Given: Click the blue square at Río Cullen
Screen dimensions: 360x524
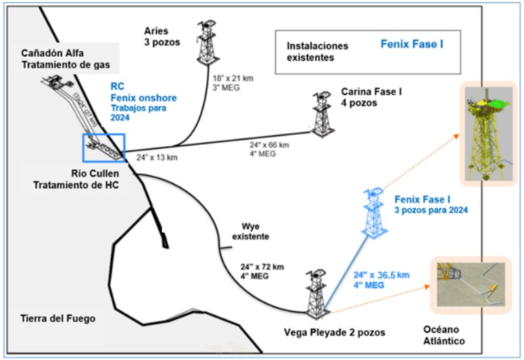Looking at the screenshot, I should click(103, 149).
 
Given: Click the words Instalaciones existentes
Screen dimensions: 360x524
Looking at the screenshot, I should click(318, 52).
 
